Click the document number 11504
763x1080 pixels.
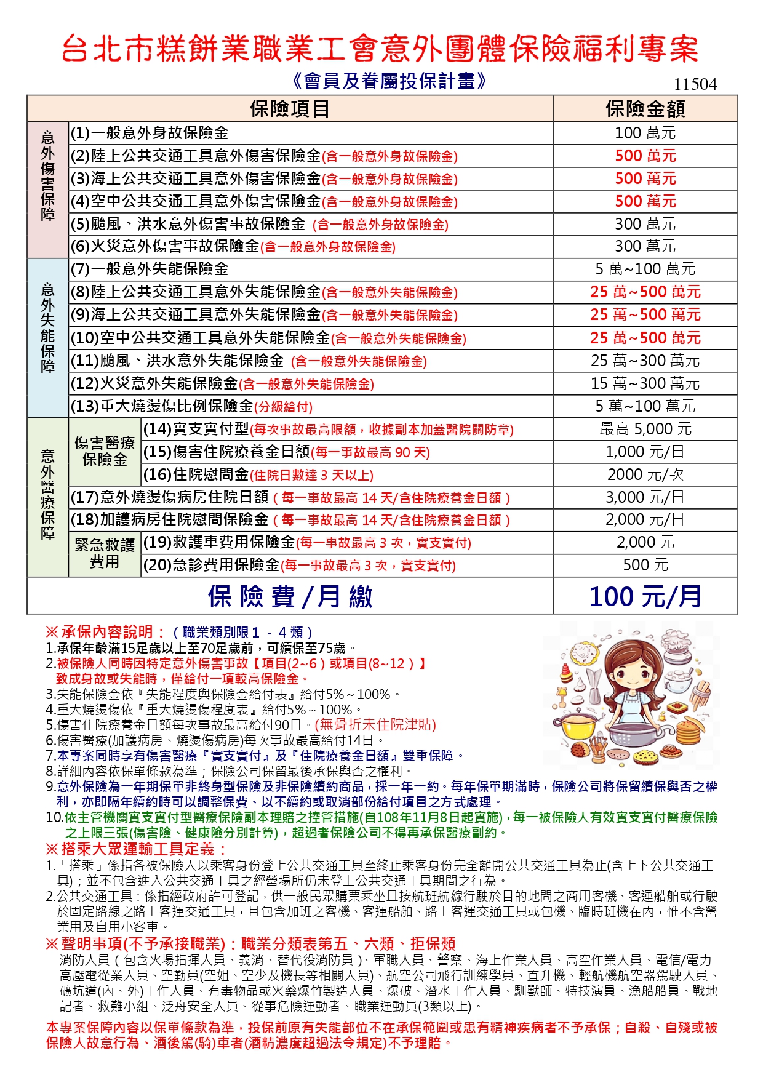[695, 84]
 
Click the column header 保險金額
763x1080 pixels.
[645, 109]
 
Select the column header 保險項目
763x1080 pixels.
[290, 109]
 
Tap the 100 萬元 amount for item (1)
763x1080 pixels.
[645, 133]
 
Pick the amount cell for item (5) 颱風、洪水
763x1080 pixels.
[645, 224]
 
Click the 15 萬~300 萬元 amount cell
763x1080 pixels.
[645, 383]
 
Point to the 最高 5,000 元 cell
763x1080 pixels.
[645, 429]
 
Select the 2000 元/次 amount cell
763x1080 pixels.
[645, 474]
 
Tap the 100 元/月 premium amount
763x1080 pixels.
[645, 596]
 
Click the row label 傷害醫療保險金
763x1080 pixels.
[105, 451]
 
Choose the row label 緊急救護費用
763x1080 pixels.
[105, 553]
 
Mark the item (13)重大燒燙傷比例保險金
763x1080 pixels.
[191, 406]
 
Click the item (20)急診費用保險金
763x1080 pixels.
[299, 565]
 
